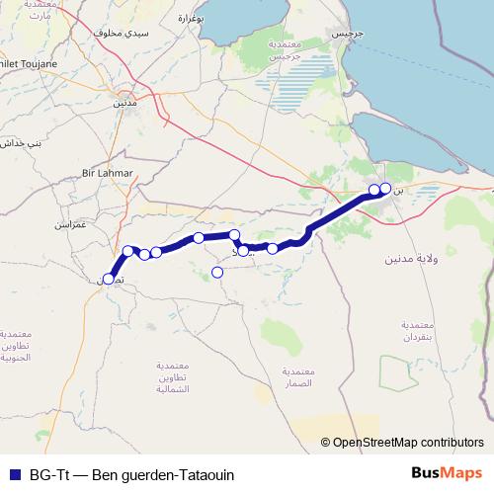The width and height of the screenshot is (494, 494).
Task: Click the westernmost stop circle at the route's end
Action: (x=109, y=279)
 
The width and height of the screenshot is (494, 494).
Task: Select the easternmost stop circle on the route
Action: (x=385, y=188)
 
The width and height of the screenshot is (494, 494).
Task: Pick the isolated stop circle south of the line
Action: (x=218, y=272)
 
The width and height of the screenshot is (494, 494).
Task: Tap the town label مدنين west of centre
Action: (x=125, y=103)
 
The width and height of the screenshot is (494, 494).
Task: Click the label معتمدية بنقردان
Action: (x=409, y=331)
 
